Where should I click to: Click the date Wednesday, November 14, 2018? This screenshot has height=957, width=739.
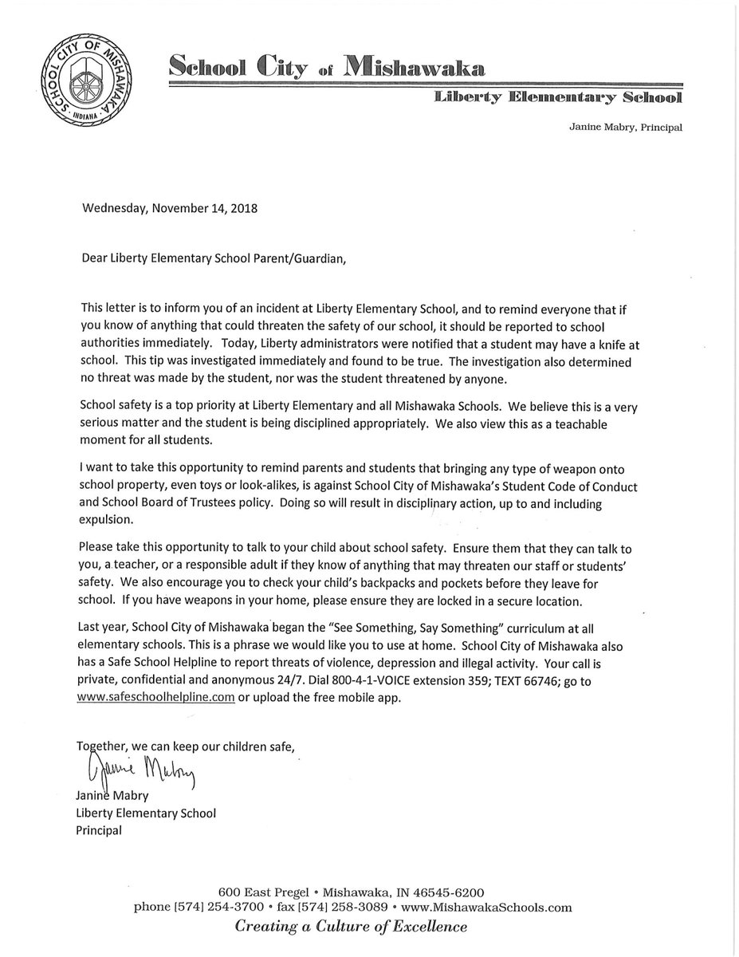[171, 210]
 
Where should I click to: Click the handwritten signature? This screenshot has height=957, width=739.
[136, 768]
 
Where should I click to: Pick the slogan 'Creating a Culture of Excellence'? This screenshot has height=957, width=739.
[350, 927]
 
